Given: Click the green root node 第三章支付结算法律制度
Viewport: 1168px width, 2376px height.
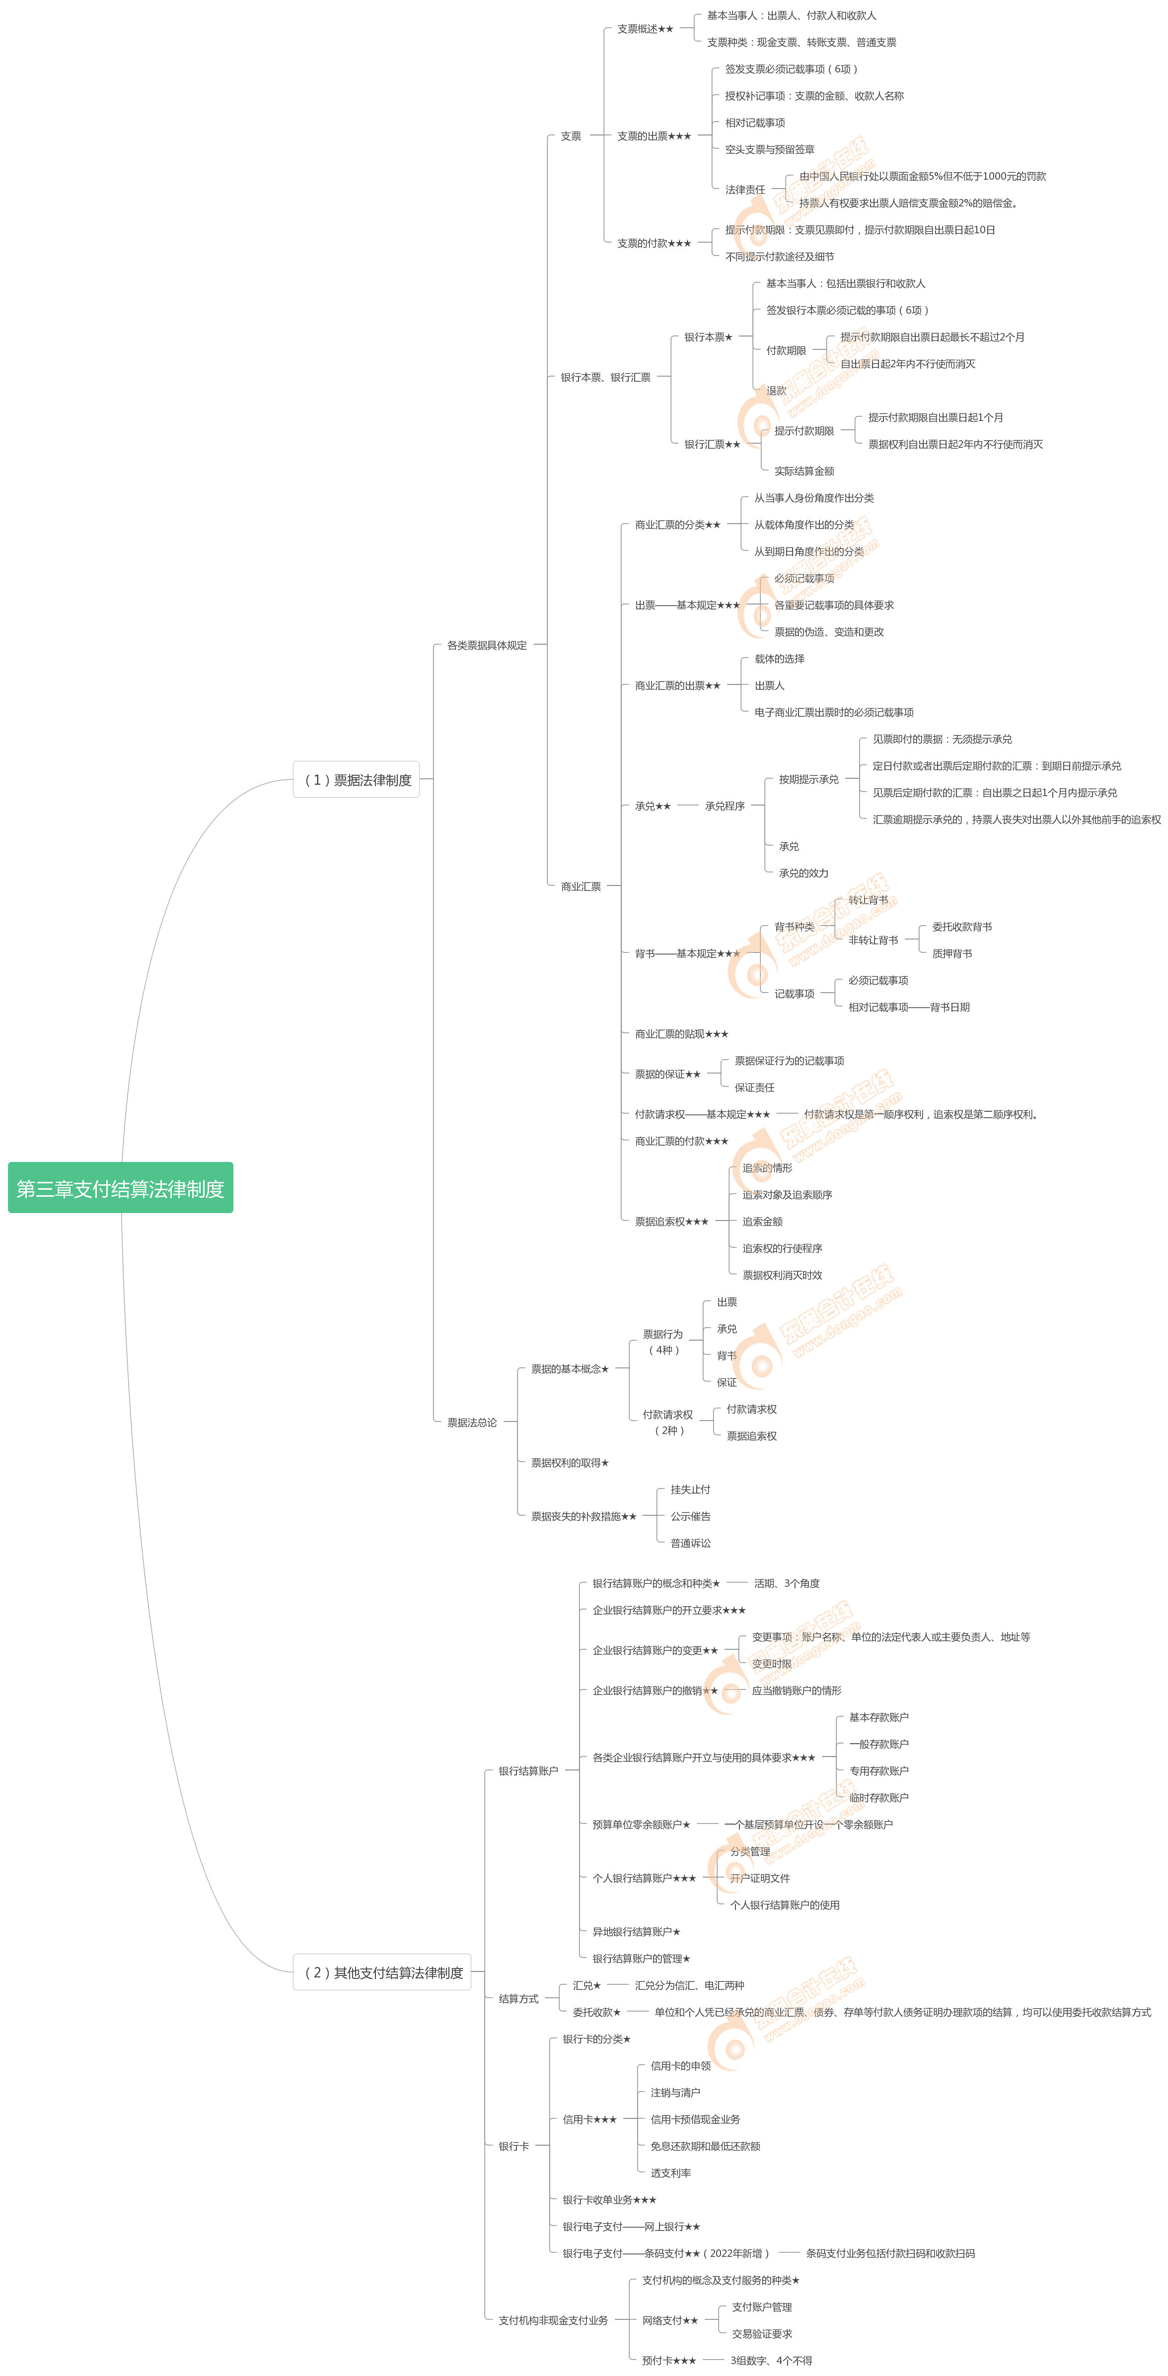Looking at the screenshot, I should point(120,1188).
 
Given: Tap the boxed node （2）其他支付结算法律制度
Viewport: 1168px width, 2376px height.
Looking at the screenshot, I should point(382,1972).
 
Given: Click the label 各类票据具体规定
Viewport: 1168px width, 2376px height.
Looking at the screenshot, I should point(486,645).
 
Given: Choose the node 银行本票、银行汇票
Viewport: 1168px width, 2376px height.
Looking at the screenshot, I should point(605,376).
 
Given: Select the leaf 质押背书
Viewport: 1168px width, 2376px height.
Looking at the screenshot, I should point(951,953).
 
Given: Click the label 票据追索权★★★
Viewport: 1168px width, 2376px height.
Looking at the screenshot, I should point(671,1221).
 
